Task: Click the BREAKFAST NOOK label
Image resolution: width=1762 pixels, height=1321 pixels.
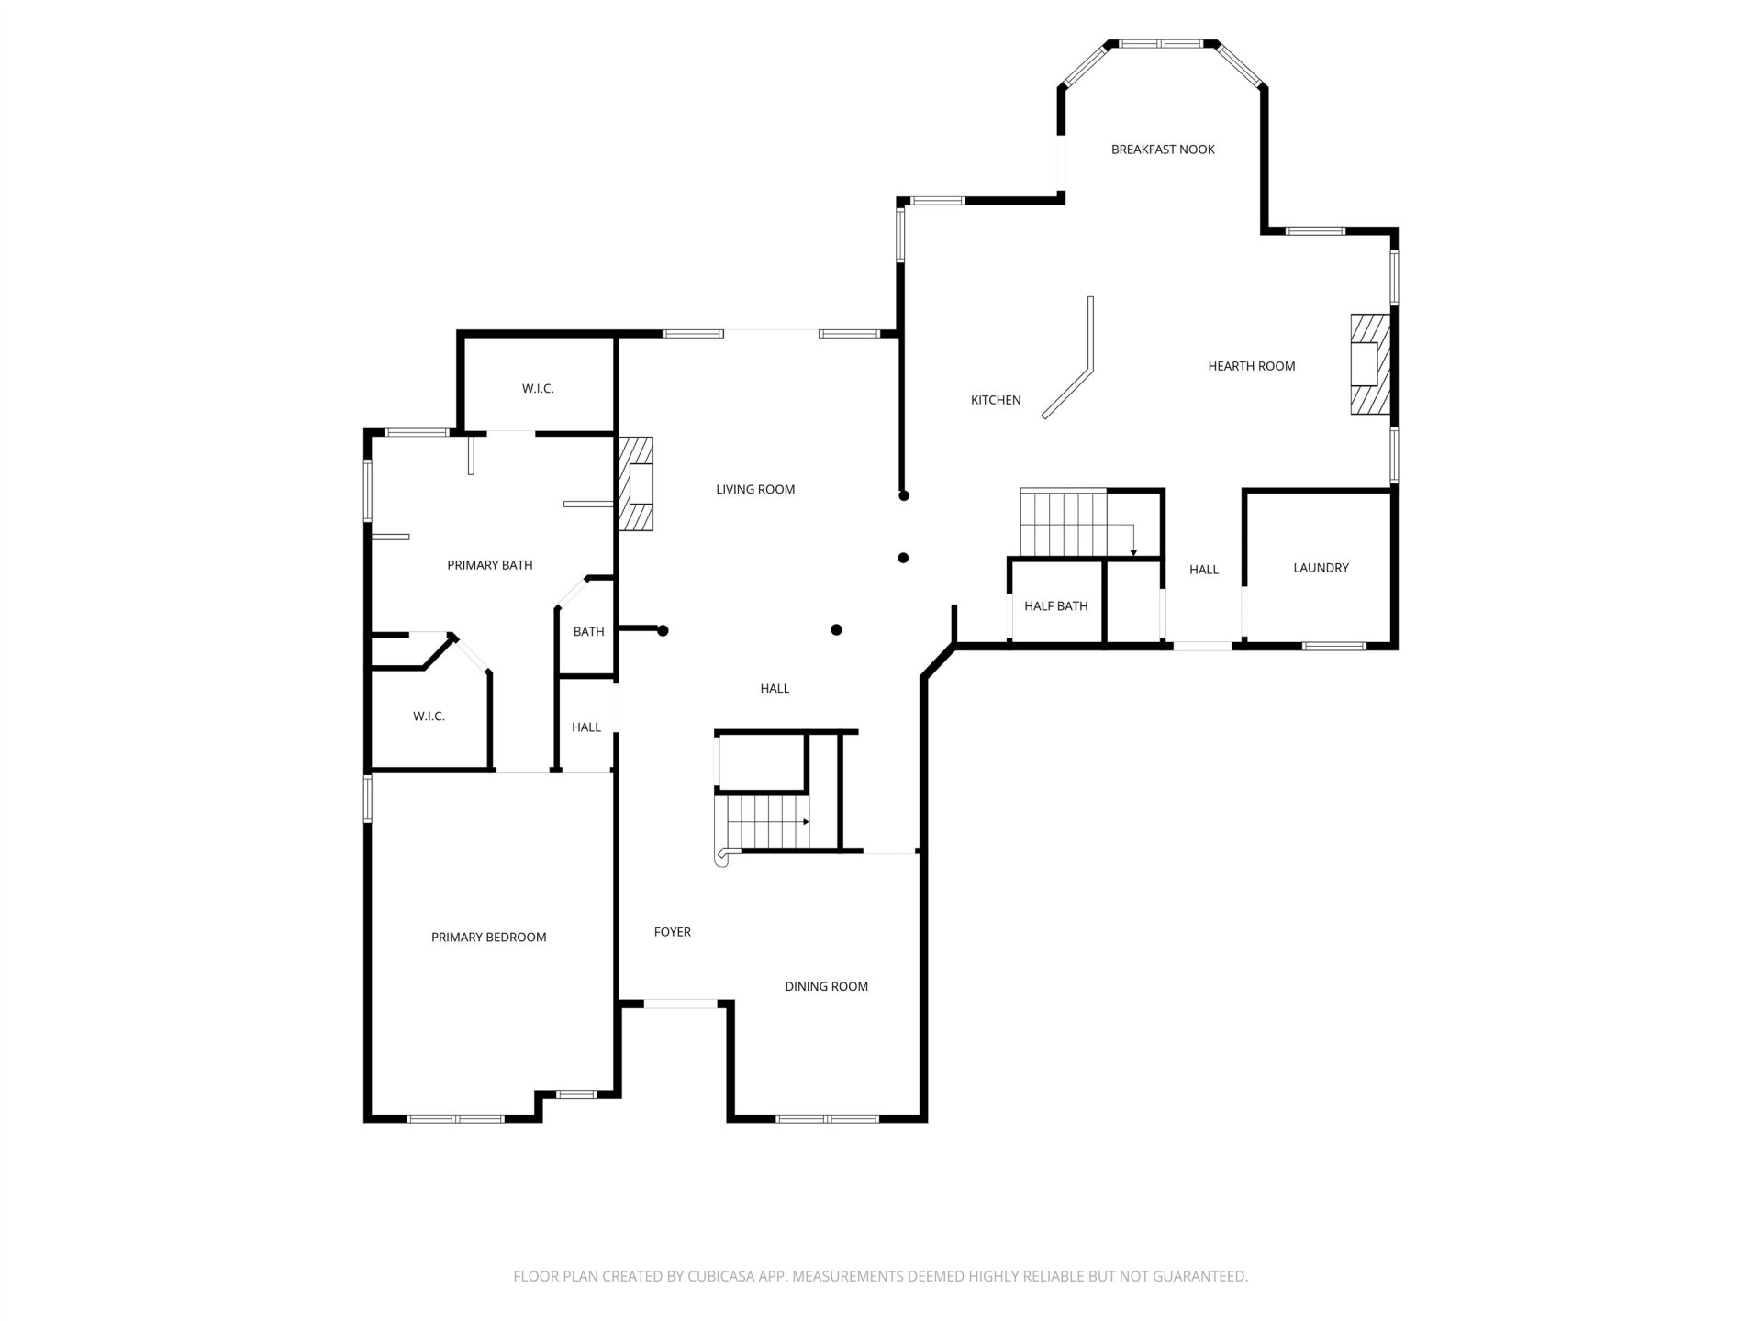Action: tap(1163, 150)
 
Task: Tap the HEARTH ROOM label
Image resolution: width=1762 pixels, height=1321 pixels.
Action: tap(1252, 366)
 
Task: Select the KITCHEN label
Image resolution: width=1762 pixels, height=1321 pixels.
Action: tap(996, 400)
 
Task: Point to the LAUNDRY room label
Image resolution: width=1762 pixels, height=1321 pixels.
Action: tap(1321, 568)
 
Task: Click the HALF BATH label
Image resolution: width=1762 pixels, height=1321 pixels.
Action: tap(1056, 605)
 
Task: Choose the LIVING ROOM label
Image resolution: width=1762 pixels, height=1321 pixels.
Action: tap(755, 490)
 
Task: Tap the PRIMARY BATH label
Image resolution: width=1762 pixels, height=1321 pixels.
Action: tap(490, 565)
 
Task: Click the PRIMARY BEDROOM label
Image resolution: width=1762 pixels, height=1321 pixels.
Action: tap(489, 937)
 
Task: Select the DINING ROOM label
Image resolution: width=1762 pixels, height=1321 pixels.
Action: tap(826, 986)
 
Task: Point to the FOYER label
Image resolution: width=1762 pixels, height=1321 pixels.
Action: tap(673, 932)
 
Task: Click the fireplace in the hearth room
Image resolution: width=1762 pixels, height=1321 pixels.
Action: tap(1369, 364)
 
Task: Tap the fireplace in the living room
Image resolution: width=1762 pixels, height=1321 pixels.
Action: tap(636, 483)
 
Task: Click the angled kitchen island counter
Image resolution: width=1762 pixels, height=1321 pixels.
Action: tap(1070, 359)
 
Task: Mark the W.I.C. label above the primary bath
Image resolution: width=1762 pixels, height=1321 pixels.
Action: tap(538, 389)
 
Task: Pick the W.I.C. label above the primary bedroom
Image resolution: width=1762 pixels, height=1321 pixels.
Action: tap(429, 716)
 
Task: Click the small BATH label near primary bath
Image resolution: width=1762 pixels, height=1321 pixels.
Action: tap(588, 632)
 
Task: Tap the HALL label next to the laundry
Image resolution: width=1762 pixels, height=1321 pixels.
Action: tap(1204, 570)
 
